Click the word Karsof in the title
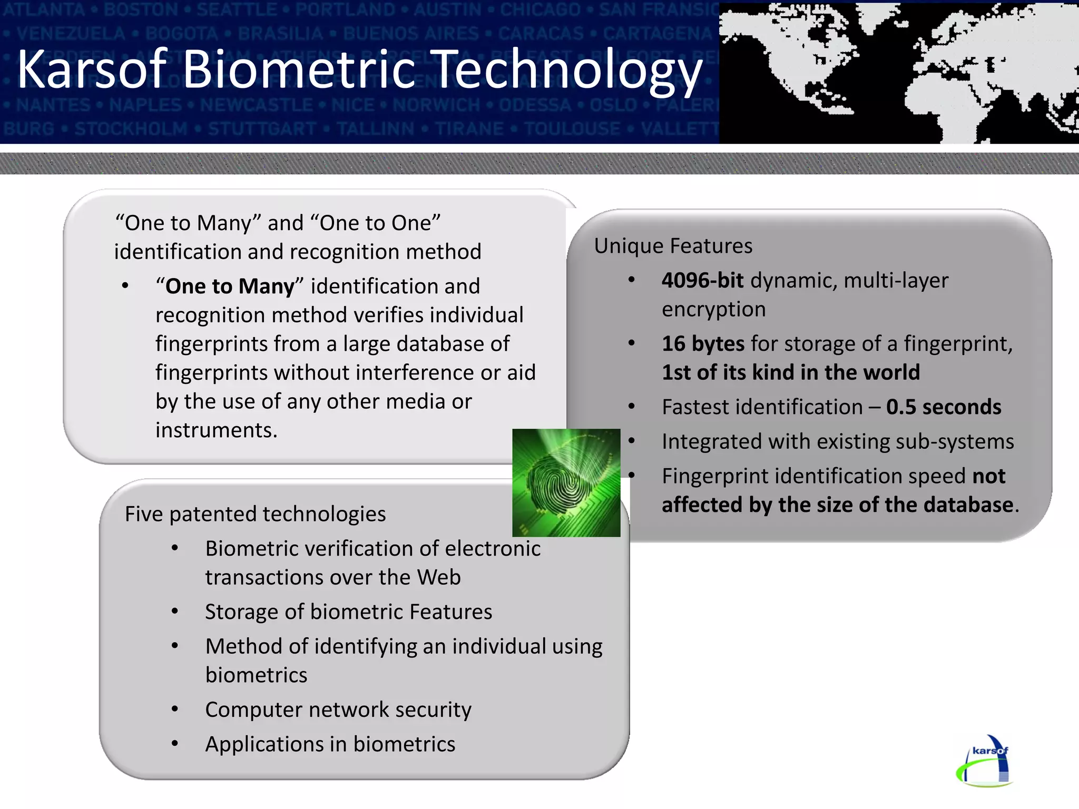(x=92, y=70)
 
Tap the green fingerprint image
(x=566, y=482)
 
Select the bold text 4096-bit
(x=702, y=281)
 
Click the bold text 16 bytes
(x=702, y=344)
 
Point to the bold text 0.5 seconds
(x=943, y=407)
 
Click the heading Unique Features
(x=673, y=246)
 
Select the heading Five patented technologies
(x=255, y=514)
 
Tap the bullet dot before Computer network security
(x=175, y=709)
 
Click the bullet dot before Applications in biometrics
(x=175, y=744)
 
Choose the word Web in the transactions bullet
(x=438, y=577)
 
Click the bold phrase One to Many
(x=229, y=287)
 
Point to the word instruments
(x=216, y=430)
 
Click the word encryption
(x=713, y=310)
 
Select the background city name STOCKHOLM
(x=131, y=129)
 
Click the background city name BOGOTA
(x=181, y=33)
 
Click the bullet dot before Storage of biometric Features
(x=175, y=611)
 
